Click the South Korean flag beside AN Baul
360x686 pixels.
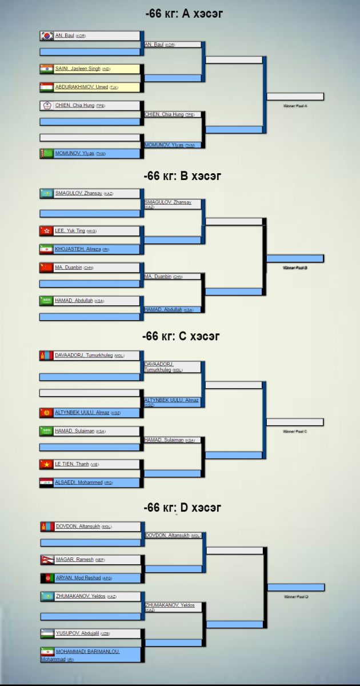pos(47,35)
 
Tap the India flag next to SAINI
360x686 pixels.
pos(47,69)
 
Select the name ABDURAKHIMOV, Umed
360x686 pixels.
pos(81,87)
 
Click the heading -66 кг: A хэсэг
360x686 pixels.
pos(183,14)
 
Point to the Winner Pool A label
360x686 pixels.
pos(295,106)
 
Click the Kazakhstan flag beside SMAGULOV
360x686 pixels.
pos(47,193)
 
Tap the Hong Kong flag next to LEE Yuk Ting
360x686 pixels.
pos(47,231)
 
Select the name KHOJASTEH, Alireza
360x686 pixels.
pos(78,249)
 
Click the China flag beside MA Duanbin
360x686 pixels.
pos(47,268)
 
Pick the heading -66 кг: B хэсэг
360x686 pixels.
pos(183,176)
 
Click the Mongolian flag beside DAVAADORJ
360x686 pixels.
pos(47,356)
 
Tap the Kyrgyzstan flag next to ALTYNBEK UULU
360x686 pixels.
pos(47,412)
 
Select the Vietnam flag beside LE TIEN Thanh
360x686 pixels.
pos(47,464)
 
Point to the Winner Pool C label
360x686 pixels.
pos(295,432)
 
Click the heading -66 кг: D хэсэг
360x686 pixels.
pos(183,508)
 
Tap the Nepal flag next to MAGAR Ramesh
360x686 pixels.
pos(47,560)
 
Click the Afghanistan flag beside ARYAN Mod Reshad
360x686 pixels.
pos(47,578)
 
